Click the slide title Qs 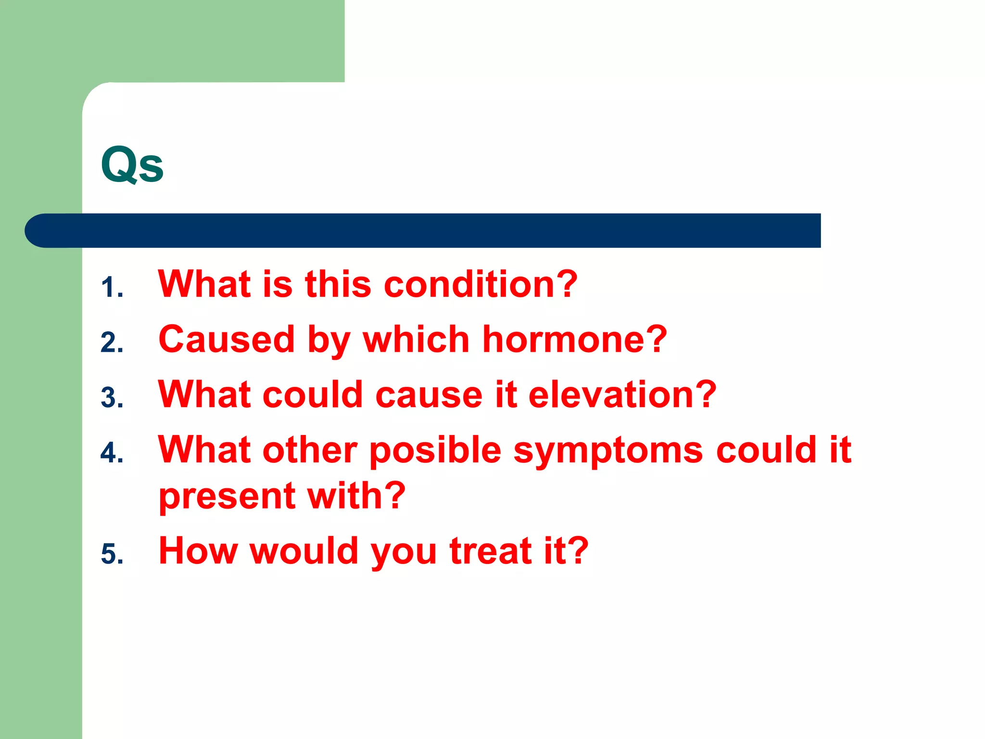[132, 165]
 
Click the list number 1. [112, 288]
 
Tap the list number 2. [112, 343]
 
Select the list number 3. [112, 398]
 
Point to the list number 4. [112, 453]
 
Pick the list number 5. [112, 554]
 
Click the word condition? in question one [480, 284]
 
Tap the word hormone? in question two [574, 339]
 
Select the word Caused [226, 339]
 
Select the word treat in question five [490, 551]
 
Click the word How [198, 551]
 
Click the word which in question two [416, 339]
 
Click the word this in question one [338, 284]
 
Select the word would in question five [304, 551]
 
